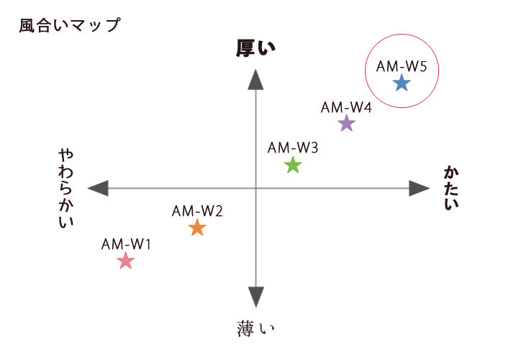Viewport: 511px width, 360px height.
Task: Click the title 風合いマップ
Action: coord(70,25)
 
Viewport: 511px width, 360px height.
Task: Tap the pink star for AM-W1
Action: coord(125,261)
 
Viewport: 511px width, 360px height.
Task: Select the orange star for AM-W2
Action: coord(197,228)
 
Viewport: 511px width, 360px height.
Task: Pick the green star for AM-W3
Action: coord(293,165)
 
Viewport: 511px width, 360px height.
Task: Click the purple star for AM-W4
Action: coord(346,123)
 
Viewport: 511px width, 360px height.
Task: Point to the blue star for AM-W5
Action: coord(402,83)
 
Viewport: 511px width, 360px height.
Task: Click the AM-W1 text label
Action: coord(126,244)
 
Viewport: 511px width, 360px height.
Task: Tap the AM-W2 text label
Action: coord(197,211)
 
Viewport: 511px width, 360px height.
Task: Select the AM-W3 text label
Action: coord(293,148)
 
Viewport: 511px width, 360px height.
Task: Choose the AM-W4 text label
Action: coord(346,107)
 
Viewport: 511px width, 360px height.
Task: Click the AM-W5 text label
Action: coord(402,66)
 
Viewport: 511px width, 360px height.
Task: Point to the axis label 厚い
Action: coord(256,48)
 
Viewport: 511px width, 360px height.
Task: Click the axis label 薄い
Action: coord(256,328)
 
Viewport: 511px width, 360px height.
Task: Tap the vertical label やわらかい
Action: coord(66,189)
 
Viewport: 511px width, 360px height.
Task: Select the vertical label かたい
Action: coord(451,188)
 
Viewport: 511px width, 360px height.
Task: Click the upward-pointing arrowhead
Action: coord(256,80)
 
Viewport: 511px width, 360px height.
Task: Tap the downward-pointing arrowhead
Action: coord(256,297)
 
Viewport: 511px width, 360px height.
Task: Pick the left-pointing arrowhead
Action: coord(98,188)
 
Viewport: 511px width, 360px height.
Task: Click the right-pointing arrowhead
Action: coord(420,188)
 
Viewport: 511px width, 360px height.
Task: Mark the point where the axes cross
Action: coord(256,188)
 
